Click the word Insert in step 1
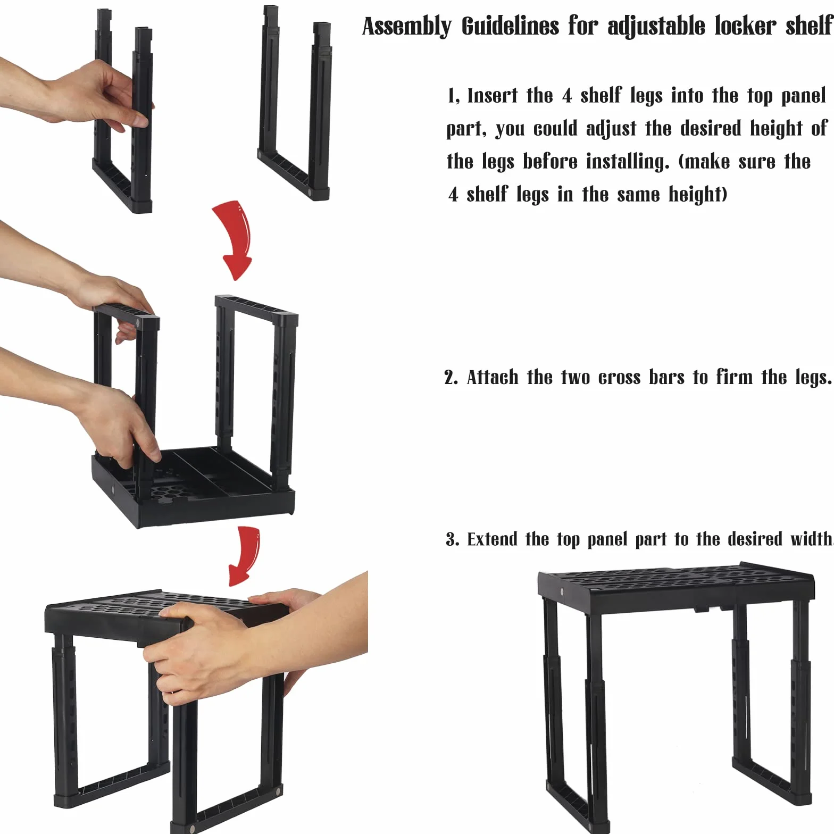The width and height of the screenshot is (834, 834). tap(492, 96)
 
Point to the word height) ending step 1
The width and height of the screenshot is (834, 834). tap(697, 195)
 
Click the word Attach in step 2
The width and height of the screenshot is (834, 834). tap(492, 377)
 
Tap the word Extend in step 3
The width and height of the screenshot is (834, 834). tap(492, 539)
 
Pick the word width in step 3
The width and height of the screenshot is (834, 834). tap(810, 539)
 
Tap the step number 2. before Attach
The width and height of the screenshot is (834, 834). tap(451, 378)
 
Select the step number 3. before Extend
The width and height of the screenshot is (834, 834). tap(452, 539)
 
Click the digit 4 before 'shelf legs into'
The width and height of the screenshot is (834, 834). tap(567, 96)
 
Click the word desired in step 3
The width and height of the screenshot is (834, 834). tap(755, 539)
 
